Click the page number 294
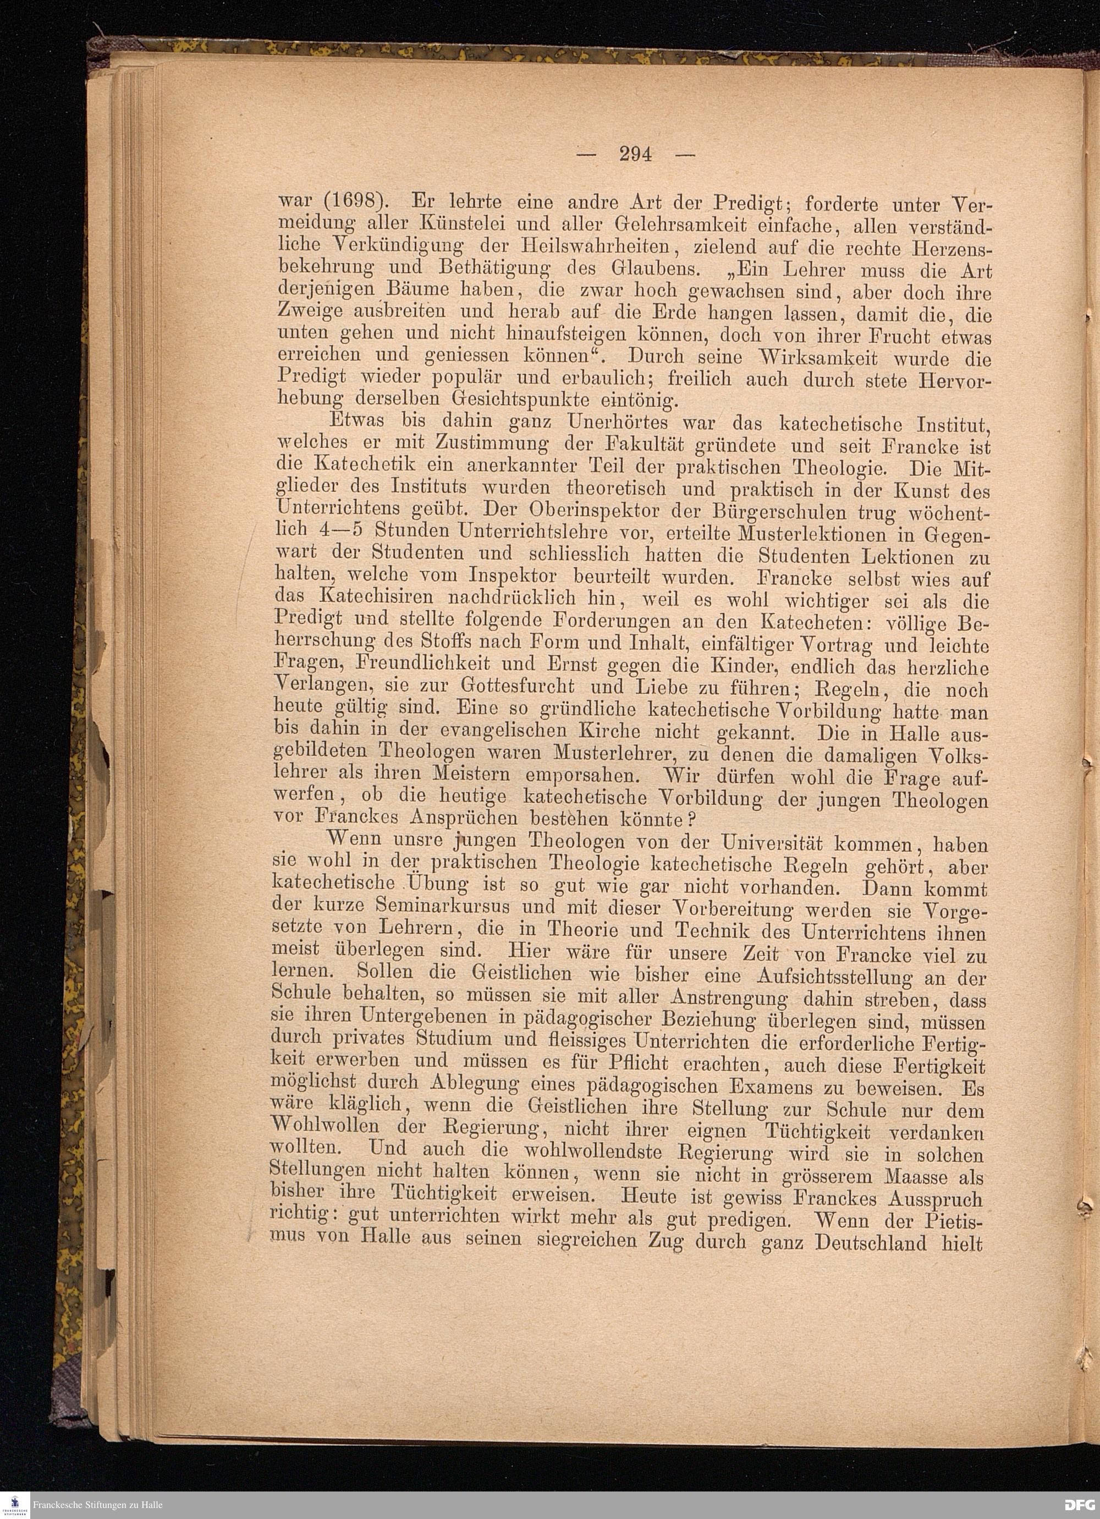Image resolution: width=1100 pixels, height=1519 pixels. click(635, 155)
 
